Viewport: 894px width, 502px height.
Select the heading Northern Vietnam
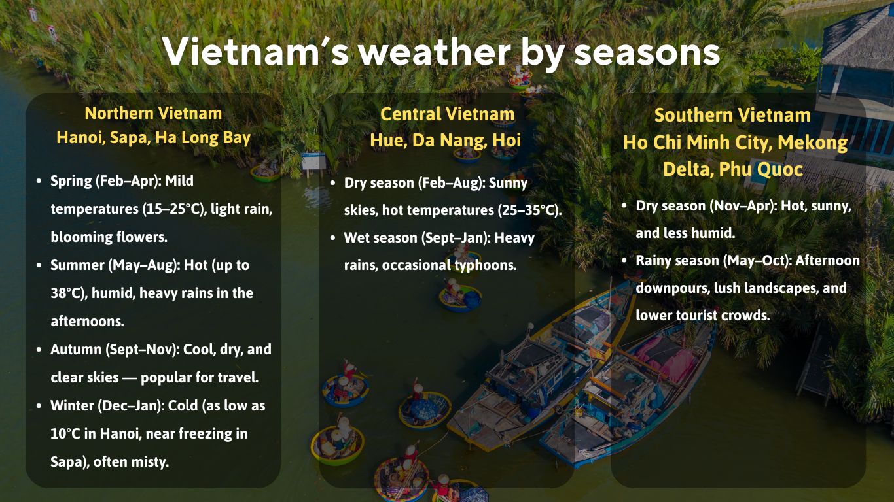point(153,113)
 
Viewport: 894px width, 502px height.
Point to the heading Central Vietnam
point(447,114)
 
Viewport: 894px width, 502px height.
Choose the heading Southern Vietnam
point(732,115)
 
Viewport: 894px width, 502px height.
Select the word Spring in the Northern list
point(71,180)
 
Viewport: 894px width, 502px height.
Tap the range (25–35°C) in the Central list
point(529,210)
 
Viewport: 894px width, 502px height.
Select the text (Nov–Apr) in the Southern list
point(742,206)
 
